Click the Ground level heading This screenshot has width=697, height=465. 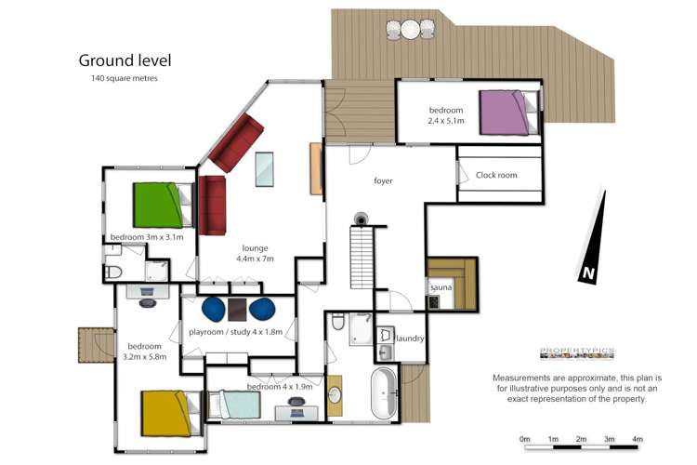tap(125, 60)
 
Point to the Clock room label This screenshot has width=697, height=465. tap(495, 175)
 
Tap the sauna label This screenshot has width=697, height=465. tap(440, 288)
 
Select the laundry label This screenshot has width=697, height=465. tap(410, 339)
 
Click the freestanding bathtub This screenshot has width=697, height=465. tap(382, 392)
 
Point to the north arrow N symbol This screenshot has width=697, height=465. tap(588, 273)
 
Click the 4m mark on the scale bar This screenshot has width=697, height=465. tap(638, 439)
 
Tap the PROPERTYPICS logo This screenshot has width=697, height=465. tap(577, 352)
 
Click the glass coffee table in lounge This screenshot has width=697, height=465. tap(265, 168)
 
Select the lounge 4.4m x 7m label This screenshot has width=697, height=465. tap(256, 254)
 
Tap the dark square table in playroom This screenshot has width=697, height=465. tap(238, 309)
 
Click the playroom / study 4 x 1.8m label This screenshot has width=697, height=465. tap(235, 331)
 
